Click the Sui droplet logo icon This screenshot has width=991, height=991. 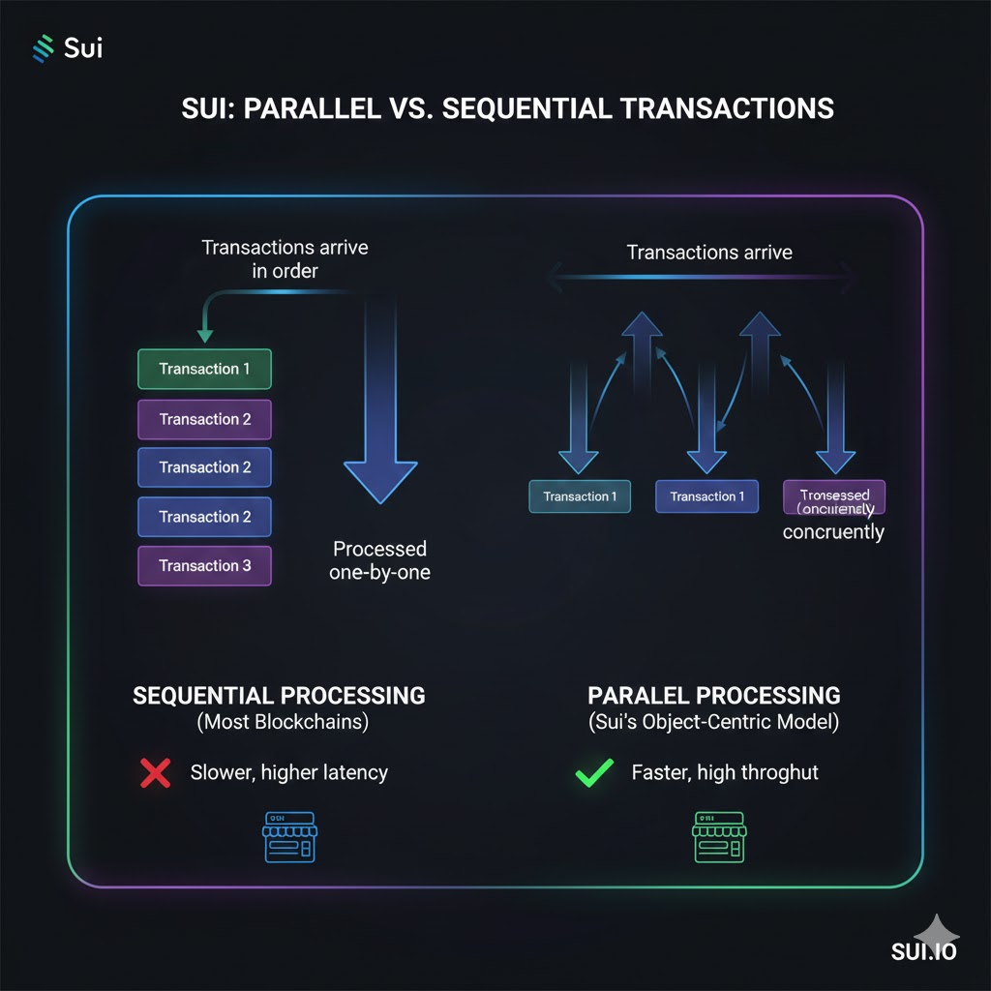pos(43,48)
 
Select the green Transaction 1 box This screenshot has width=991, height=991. pos(204,369)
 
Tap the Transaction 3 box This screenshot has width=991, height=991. pos(204,566)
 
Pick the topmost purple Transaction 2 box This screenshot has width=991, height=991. pos(204,419)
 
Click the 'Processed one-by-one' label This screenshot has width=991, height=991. pos(379,560)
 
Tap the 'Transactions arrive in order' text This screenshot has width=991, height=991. pos(285,258)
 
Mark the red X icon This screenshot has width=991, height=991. pos(155,772)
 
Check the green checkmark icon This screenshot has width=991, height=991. pos(593,772)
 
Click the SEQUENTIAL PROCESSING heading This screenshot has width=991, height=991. pos(279,695)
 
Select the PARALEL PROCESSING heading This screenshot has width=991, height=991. pos(714,695)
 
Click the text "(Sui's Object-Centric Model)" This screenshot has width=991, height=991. pos(714,722)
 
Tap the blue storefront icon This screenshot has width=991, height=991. pos(289,837)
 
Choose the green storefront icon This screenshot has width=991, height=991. pos(719,837)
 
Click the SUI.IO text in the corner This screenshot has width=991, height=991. pos(923,951)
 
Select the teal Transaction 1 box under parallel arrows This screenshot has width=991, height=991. pos(580,496)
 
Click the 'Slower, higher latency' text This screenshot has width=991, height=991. pos(288,772)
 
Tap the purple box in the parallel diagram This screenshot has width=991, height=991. pos(833,496)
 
